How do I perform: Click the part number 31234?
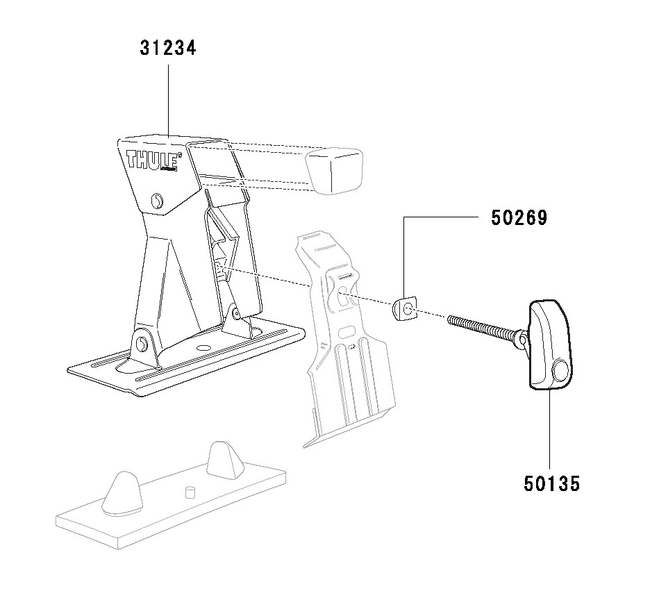pyautogui.click(x=168, y=48)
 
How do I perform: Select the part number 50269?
pyautogui.click(x=519, y=217)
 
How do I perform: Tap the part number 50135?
pyautogui.click(x=552, y=483)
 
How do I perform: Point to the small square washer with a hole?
pyautogui.click(x=405, y=308)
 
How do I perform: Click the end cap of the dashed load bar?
pyautogui.click(x=334, y=170)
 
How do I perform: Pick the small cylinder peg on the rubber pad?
pyautogui.click(x=190, y=492)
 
